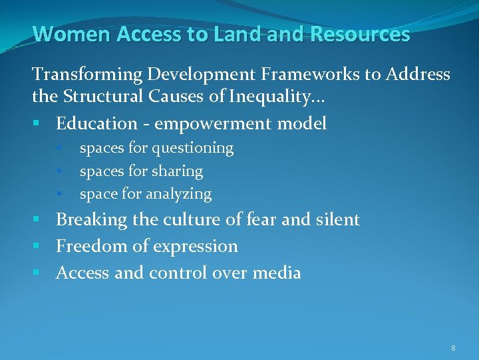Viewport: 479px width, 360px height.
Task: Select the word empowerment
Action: tap(212, 124)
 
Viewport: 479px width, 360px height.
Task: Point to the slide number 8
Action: tap(453, 348)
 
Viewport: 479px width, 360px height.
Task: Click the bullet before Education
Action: tap(41, 124)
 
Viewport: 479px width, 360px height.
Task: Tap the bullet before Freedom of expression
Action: tap(41, 247)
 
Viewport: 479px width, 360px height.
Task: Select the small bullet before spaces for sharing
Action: tap(59, 172)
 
